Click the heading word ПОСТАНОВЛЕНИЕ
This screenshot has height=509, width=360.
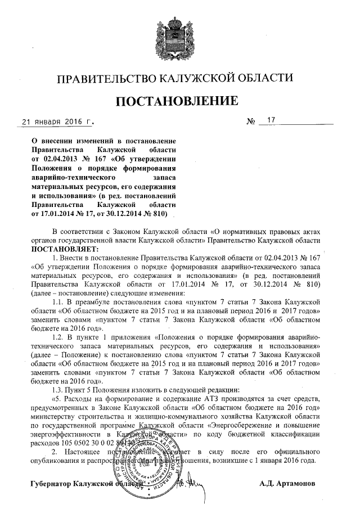[x=180, y=101]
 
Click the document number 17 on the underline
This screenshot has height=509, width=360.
[x=272, y=120]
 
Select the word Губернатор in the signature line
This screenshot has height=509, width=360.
[x=53, y=484]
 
